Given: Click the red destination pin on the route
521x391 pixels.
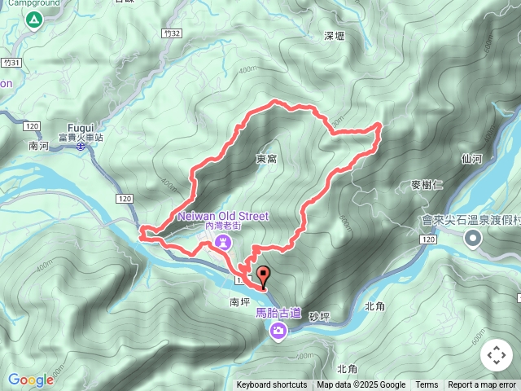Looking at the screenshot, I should pyautogui.click(x=262, y=275).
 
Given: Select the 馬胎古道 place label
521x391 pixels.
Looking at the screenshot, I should pyautogui.click(x=278, y=313).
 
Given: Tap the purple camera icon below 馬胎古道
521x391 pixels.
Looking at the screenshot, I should pyautogui.click(x=278, y=330).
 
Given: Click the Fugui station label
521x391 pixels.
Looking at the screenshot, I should pyautogui.click(x=81, y=129).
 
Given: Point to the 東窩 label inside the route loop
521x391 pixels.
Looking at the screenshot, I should pyautogui.click(x=266, y=158).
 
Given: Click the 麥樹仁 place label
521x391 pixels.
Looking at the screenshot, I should pyautogui.click(x=427, y=184).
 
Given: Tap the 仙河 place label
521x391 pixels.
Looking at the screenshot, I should pyautogui.click(x=472, y=159).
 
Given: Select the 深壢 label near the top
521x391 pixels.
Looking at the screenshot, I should pyautogui.click(x=335, y=36).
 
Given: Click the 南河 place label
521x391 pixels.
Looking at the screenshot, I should pyautogui.click(x=39, y=147).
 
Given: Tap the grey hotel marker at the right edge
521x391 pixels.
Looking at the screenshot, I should pyautogui.click(x=473, y=239).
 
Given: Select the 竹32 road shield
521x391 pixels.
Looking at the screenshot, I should pyautogui.click(x=170, y=33).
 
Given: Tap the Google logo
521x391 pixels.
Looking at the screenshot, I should pyautogui.click(x=31, y=380).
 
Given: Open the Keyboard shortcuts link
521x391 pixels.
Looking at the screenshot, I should pyautogui.click(x=272, y=385).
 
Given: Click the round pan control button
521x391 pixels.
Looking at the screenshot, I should pyautogui.click(x=496, y=355).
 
